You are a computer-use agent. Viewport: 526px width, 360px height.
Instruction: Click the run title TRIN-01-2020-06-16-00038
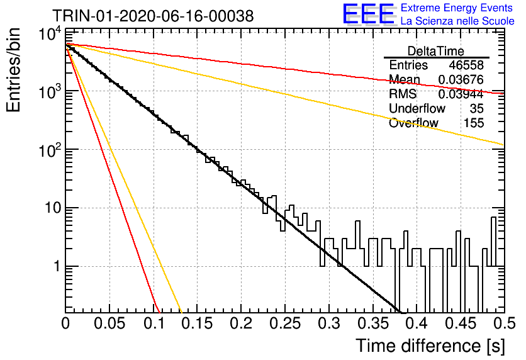click(153, 16)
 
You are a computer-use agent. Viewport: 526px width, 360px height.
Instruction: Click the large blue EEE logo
click(369, 14)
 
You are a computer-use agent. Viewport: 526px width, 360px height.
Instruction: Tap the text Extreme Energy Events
click(457, 8)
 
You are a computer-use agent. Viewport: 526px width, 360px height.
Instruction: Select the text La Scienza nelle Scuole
click(457, 21)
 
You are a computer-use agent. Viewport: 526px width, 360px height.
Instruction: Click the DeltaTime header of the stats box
click(435, 51)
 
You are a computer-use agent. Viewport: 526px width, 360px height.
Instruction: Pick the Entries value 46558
click(466, 65)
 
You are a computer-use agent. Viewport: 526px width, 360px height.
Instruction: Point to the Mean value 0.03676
click(461, 79)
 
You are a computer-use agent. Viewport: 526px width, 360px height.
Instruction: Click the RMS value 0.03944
click(461, 94)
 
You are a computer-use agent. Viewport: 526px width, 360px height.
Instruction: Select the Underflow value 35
click(476, 108)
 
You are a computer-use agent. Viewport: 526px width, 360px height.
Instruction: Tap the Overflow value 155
click(473, 123)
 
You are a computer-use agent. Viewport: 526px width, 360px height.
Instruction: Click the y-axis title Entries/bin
click(13, 70)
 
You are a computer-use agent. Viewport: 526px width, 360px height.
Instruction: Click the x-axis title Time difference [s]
click(430, 346)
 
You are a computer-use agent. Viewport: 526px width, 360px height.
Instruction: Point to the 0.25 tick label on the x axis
click(285, 323)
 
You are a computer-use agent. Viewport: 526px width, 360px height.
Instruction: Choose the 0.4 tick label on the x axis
click(417, 323)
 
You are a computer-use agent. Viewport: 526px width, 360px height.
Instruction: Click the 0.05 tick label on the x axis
click(109, 323)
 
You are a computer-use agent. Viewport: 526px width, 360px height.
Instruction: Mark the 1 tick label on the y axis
click(57, 266)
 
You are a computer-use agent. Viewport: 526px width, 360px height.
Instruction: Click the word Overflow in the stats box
click(413, 123)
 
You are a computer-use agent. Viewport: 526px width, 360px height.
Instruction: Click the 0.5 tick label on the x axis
click(505, 323)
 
